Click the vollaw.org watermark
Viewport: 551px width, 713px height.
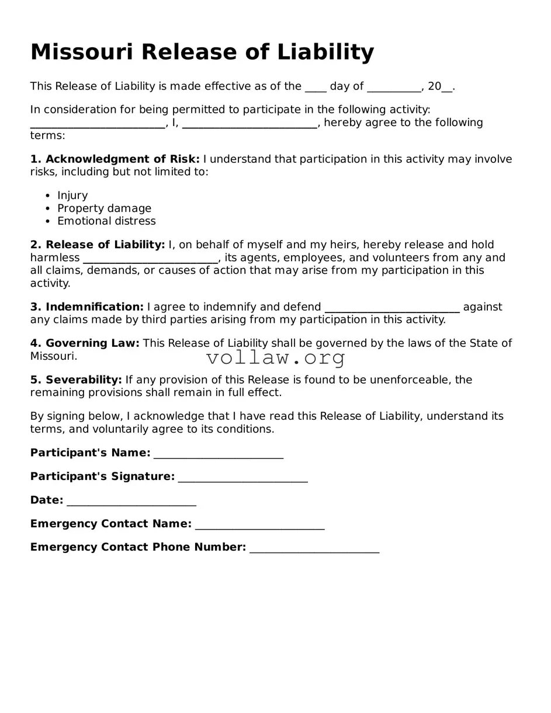(x=276, y=357)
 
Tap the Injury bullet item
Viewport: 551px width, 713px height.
(x=72, y=195)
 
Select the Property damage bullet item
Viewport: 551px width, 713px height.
(x=104, y=208)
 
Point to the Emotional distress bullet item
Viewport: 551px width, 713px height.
(x=106, y=221)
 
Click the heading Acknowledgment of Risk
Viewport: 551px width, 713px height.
(x=122, y=159)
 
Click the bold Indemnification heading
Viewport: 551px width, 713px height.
(x=94, y=307)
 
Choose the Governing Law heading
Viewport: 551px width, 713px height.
(x=92, y=343)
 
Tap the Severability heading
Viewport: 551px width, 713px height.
(x=84, y=380)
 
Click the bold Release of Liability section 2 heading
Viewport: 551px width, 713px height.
(x=105, y=244)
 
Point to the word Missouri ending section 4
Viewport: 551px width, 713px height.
(x=53, y=356)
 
